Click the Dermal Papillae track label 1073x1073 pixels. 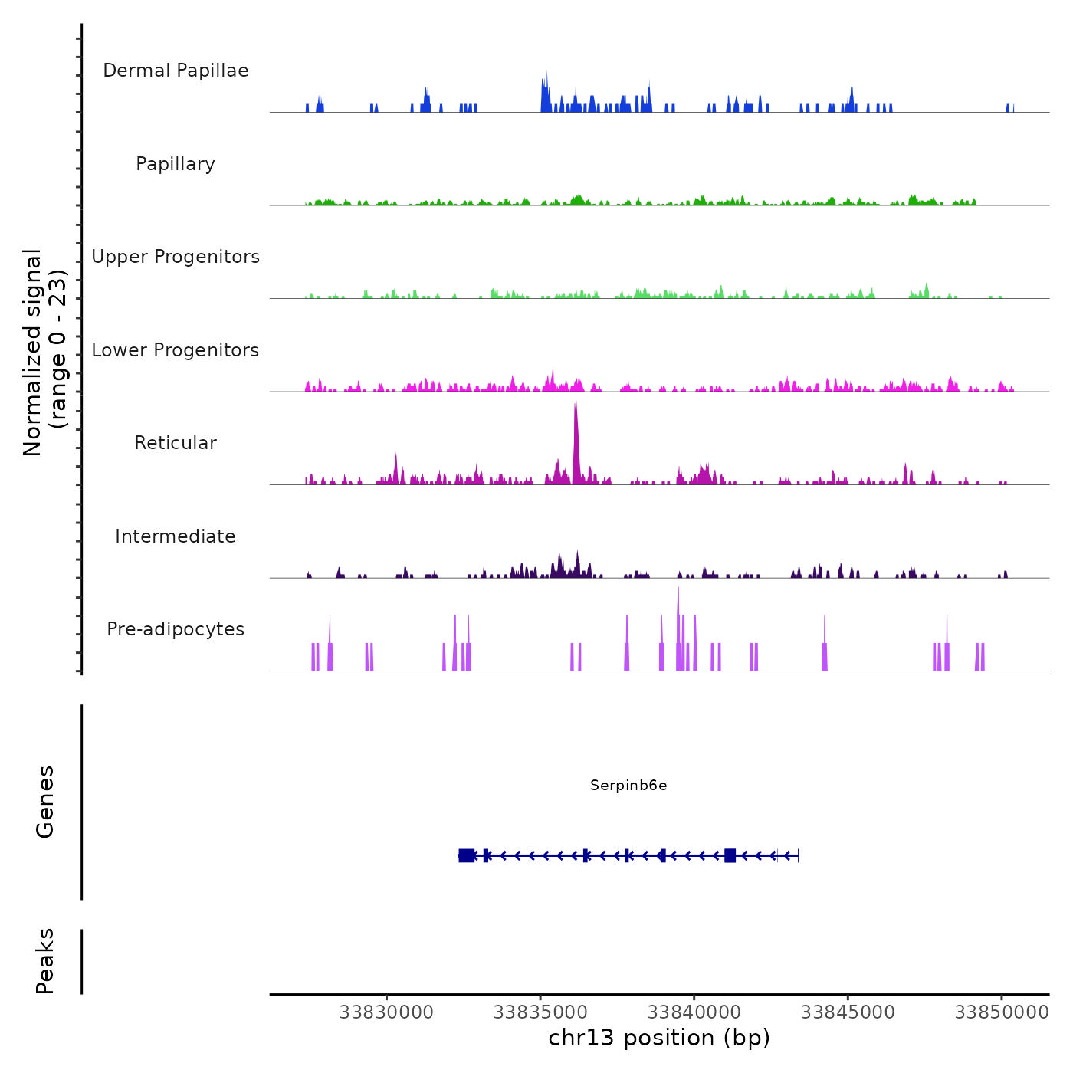coord(176,71)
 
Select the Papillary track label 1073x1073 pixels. coord(176,164)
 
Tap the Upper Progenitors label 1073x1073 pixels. coord(176,257)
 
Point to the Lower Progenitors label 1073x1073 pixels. coord(176,350)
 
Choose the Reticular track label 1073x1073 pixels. coord(176,443)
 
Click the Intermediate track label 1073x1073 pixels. coord(176,536)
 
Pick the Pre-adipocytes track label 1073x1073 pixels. coord(176,629)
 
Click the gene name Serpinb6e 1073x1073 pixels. coord(628,785)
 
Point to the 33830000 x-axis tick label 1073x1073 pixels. coord(386,1012)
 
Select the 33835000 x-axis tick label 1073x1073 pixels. coord(540,1012)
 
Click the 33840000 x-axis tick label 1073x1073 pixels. coord(694,1012)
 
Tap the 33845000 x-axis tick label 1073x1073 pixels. coord(848,1012)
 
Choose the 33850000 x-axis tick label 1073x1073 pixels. coord(1002,1012)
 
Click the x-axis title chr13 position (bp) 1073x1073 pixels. coord(659,1039)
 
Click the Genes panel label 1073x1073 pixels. coord(45,802)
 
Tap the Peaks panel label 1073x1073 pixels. coord(45,961)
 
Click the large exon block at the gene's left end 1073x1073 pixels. coord(466,855)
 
